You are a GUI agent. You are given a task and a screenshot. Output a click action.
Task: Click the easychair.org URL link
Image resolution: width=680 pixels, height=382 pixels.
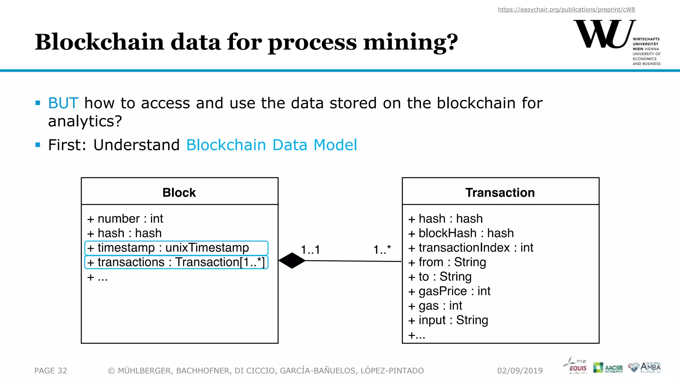click(x=566, y=10)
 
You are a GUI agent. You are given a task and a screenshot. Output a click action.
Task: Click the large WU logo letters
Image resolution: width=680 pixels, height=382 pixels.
click(x=604, y=34)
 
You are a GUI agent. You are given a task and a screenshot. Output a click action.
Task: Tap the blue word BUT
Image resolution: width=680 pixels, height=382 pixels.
click(x=63, y=103)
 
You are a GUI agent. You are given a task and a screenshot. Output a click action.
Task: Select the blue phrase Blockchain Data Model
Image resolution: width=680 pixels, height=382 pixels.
click(x=272, y=145)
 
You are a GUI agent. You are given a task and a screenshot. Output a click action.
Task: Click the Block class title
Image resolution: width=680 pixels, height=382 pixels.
click(x=179, y=193)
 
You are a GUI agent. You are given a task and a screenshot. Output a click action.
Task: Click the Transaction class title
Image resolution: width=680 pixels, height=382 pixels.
click(x=500, y=193)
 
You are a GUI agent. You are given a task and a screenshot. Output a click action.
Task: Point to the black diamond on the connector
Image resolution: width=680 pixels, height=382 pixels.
click(x=292, y=261)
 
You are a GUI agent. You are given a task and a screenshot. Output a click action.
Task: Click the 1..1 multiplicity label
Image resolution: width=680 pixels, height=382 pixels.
click(x=310, y=250)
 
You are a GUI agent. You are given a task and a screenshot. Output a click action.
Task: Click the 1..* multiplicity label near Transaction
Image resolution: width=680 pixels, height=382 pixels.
click(x=382, y=250)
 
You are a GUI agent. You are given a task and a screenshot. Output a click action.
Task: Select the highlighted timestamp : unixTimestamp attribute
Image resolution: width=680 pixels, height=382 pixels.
click(x=176, y=248)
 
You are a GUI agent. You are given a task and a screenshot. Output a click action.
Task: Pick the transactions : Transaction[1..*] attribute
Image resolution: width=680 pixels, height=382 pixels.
click(x=176, y=262)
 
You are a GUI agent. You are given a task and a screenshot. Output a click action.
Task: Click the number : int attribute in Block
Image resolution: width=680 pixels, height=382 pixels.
click(x=125, y=219)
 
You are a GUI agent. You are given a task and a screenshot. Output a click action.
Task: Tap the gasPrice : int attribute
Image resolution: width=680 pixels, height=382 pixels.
click(x=449, y=291)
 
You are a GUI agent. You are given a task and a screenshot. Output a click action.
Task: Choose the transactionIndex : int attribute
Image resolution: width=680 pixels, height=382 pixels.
click(x=470, y=248)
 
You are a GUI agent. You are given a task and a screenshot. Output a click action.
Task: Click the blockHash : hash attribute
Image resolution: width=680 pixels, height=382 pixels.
click(x=461, y=233)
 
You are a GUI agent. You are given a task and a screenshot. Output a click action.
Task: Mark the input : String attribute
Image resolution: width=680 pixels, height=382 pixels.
click(x=448, y=320)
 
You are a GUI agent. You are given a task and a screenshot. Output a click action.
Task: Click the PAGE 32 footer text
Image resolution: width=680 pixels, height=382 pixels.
click(x=51, y=371)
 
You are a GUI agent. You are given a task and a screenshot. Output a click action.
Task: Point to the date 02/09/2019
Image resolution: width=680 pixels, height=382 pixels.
click(x=520, y=371)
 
